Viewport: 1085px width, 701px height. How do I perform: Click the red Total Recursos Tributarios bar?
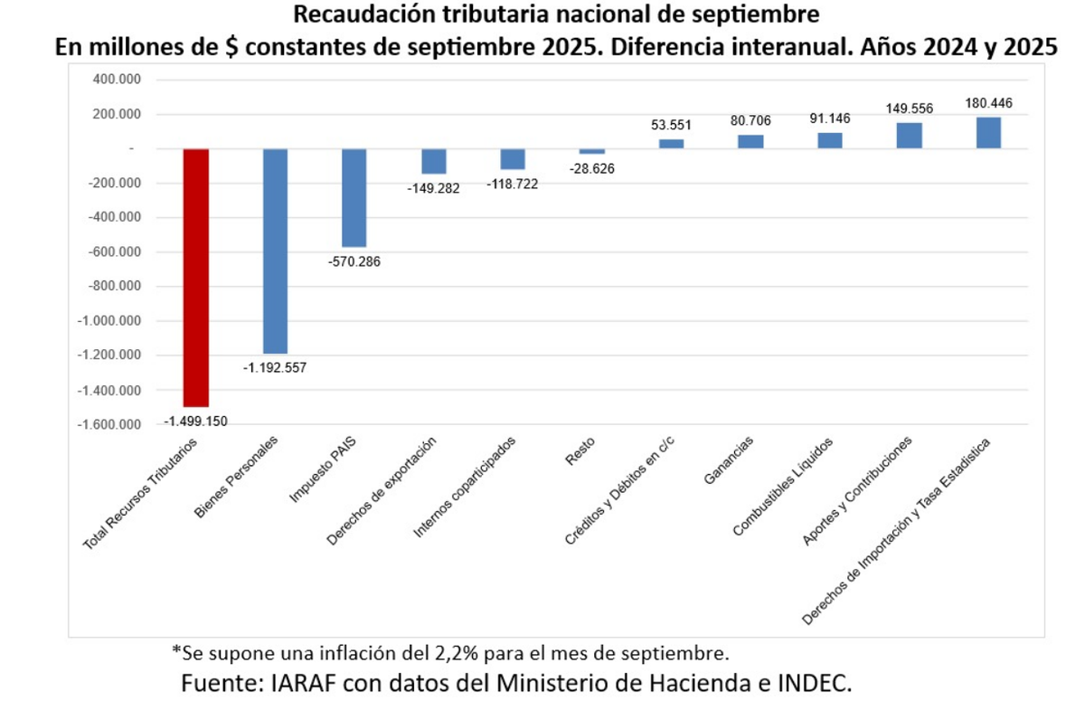(x=196, y=278)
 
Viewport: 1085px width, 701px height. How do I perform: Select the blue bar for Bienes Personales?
(x=275, y=251)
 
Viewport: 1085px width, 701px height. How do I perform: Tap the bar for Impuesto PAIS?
(x=354, y=197)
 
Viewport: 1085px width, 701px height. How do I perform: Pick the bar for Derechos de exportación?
(x=434, y=161)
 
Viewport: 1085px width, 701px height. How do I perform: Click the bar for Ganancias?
(x=750, y=141)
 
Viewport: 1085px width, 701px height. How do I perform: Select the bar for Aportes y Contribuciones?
(x=909, y=135)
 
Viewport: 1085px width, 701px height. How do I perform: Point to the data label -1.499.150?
(x=196, y=421)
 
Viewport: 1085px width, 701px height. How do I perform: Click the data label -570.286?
(x=354, y=261)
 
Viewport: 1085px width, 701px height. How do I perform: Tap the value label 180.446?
(x=987, y=103)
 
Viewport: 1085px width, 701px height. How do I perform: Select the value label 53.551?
(x=672, y=125)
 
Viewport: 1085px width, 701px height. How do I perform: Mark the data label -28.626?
(x=592, y=168)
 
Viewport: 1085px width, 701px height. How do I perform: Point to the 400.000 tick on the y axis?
(x=117, y=80)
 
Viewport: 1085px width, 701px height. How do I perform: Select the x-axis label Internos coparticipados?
(x=465, y=488)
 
